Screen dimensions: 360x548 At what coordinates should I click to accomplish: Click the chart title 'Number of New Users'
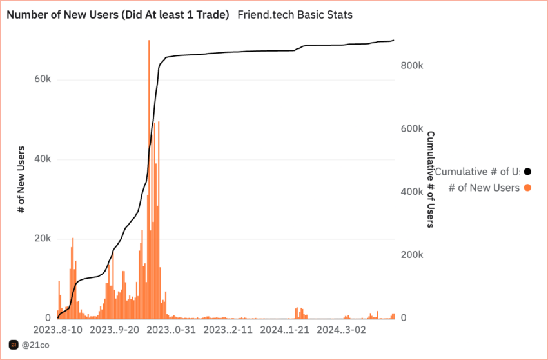[118, 15]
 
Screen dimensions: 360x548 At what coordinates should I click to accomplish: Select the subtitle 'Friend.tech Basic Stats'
[295, 15]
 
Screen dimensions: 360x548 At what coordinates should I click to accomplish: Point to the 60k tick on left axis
[42, 79]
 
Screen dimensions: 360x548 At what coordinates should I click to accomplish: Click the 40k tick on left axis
[42, 159]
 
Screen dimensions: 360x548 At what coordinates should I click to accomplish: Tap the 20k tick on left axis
[42, 239]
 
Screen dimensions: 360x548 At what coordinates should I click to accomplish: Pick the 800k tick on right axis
[411, 66]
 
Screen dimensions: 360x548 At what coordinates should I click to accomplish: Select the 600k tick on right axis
[411, 129]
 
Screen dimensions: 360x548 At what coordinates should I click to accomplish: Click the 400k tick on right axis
[411, 192]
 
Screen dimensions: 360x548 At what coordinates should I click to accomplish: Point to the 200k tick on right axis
[411, 255]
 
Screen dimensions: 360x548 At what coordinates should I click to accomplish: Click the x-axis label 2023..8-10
[58, 330]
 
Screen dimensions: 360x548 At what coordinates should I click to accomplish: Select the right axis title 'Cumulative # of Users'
[430, 179]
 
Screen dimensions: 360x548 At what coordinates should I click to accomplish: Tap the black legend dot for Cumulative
[528, 172]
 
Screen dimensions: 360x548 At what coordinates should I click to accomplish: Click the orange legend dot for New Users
[528, 188]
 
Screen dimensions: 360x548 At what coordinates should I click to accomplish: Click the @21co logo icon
[13, 346]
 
